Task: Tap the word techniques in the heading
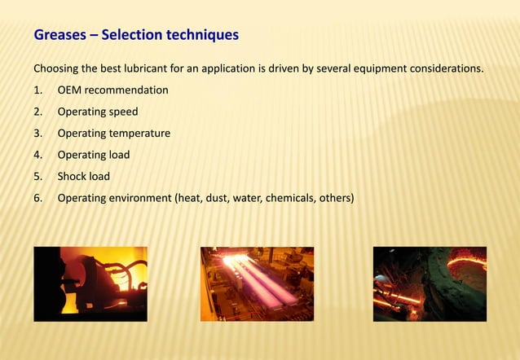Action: (202, 35)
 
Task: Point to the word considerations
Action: (444, 68)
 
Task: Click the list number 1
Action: (37, 90)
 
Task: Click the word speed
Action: (122, 112)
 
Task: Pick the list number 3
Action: (37, 133)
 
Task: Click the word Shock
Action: (73, 176)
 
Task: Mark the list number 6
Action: (37, 197)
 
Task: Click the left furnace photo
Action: (90, 283)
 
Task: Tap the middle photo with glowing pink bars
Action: (257, 283)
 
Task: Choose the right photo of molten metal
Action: (430, 283)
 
